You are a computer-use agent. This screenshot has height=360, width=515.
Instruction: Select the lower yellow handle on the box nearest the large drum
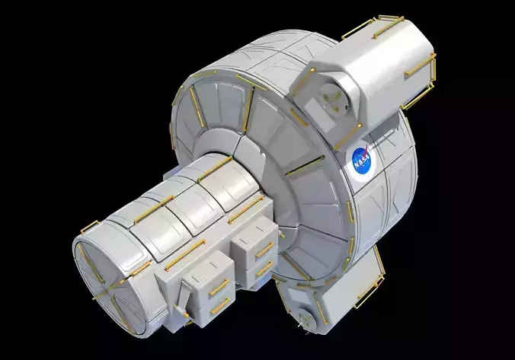(x=264, y=268)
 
